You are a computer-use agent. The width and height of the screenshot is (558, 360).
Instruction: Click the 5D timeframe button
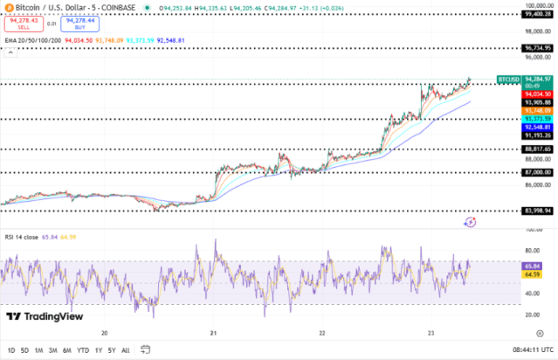[24, 350]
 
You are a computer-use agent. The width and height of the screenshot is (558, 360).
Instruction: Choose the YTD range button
[83, 350]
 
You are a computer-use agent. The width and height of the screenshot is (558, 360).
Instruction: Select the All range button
[126, 350]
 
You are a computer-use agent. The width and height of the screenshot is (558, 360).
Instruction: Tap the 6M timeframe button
[67, 350]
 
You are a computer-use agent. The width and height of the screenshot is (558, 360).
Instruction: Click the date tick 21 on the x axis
[214, 333]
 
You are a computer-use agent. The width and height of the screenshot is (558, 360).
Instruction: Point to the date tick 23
[431, 333]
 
